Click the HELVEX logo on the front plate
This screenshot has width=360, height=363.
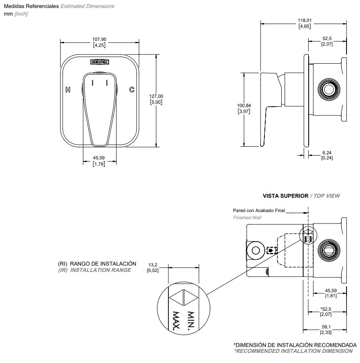point(99,62)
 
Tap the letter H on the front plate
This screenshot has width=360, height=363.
point(68,89)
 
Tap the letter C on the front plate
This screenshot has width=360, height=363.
point(132,89)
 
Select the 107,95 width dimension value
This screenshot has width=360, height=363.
point(99,40)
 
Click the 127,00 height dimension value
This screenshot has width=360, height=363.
point(156,96)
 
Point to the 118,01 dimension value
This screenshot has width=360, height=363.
point(305,20)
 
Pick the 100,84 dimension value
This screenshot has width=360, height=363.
point(244,105)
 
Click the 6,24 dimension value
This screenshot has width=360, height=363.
point(327,152)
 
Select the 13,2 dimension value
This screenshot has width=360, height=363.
point(152,265)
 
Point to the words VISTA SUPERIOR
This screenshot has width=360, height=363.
point(285,196)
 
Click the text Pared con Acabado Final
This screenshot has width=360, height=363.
point(259,210)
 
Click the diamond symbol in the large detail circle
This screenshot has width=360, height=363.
point(184,298)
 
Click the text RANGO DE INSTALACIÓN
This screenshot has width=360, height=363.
point(103,264)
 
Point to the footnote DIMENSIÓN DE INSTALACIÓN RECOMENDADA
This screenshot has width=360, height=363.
point(295,345)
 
